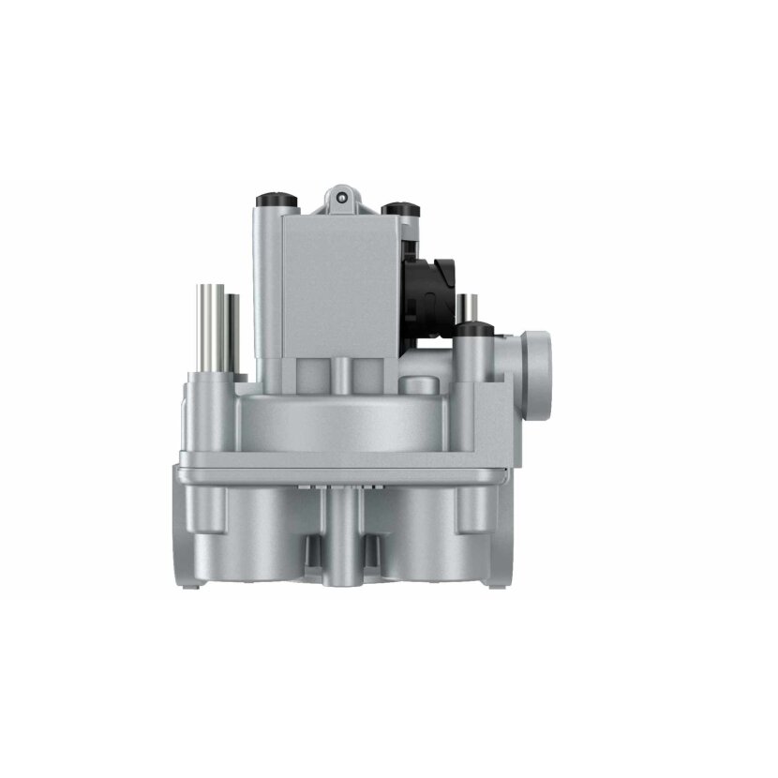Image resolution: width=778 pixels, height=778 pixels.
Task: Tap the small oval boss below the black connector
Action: (416, 383)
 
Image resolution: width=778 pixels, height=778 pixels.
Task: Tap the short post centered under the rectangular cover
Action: (346, 375)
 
